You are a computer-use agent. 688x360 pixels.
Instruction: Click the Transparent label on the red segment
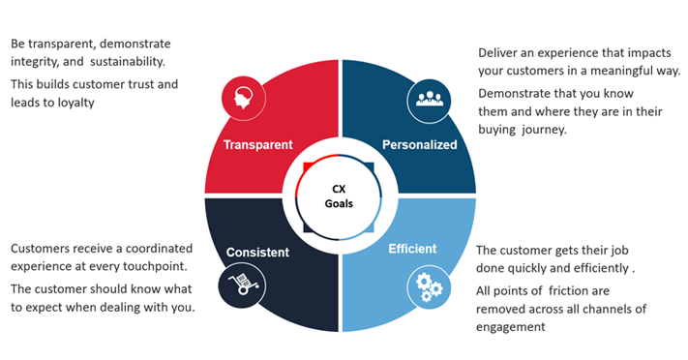pyautogui.click(x=257, y=145)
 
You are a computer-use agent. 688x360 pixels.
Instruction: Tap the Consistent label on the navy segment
pyautogui.click(x=257, y=253)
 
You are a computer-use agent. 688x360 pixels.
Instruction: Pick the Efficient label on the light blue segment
pyautogui.click(x=413, y=248)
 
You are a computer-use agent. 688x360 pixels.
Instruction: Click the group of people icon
pyautogui.click(x=427, y=99)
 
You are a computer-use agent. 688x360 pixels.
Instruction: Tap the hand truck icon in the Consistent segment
pyautogui.click(x=242, y=285)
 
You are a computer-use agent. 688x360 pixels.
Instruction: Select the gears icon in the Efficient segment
pyautogui.click(x=426, y=285)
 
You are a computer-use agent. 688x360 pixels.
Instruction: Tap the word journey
pyautogui.click(x=543, y=129)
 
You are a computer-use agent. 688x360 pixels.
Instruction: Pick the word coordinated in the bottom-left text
pyautogui.click(x=155, y=249)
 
